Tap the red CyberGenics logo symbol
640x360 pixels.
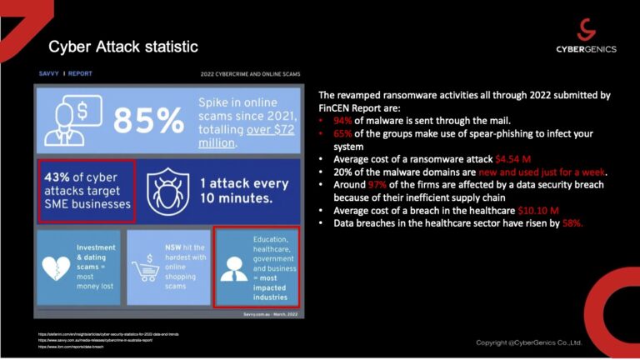(x=586, y=29)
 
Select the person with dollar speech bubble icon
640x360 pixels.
(x=71, y=119)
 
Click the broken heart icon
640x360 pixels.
(x=57, y=267)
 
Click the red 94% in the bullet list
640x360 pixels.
(x=342, y=119)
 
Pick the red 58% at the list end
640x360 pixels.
(x=570, y=223)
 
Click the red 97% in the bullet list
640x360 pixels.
(x=378, y=184)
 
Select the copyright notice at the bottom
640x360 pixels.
(x=528, y=342)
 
